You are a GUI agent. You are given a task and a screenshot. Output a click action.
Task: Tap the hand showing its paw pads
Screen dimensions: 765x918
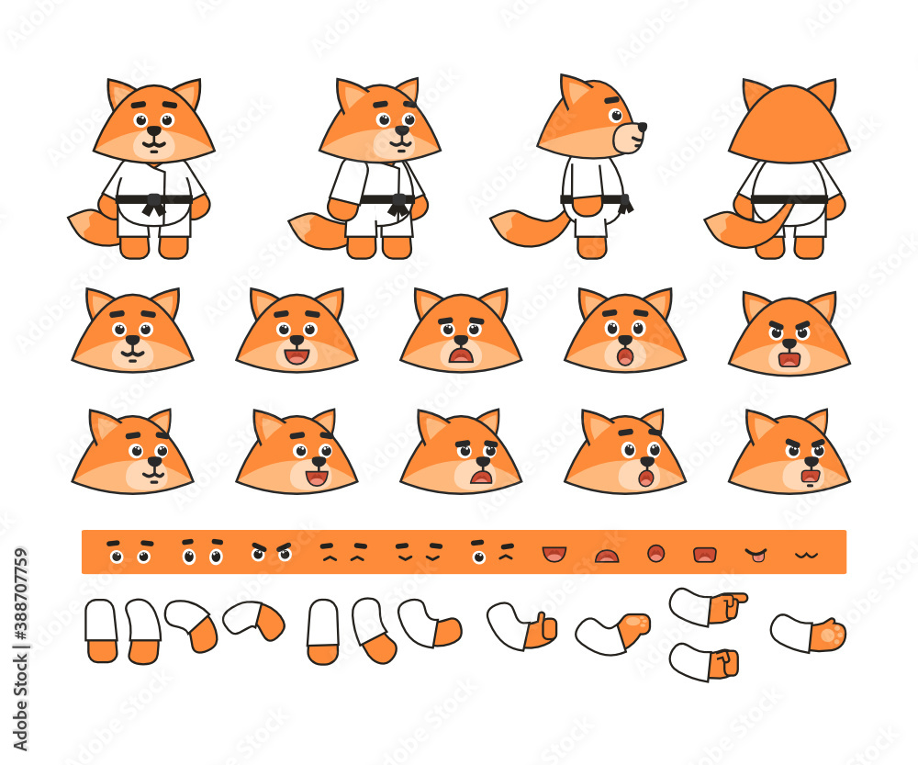828,635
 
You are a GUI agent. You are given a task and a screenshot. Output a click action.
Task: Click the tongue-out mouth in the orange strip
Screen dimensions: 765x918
755,555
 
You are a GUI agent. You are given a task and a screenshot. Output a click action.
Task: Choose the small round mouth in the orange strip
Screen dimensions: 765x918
655,553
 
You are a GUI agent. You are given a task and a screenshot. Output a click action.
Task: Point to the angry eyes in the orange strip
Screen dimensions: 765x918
271,551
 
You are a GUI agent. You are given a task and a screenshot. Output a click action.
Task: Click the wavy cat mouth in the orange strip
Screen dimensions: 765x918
806,555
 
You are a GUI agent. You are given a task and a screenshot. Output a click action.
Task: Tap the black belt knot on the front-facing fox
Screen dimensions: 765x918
154,203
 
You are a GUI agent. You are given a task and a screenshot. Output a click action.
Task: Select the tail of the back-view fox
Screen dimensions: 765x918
748,225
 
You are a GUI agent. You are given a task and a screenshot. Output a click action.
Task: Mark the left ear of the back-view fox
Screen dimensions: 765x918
756,92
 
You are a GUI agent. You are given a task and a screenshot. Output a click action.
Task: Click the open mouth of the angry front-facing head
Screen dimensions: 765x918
789,359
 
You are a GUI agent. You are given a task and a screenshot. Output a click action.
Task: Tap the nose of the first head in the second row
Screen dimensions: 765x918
132,341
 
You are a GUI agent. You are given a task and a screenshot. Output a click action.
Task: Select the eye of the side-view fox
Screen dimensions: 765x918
615,116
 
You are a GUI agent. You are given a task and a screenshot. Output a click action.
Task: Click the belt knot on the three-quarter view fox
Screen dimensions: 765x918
398,205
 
